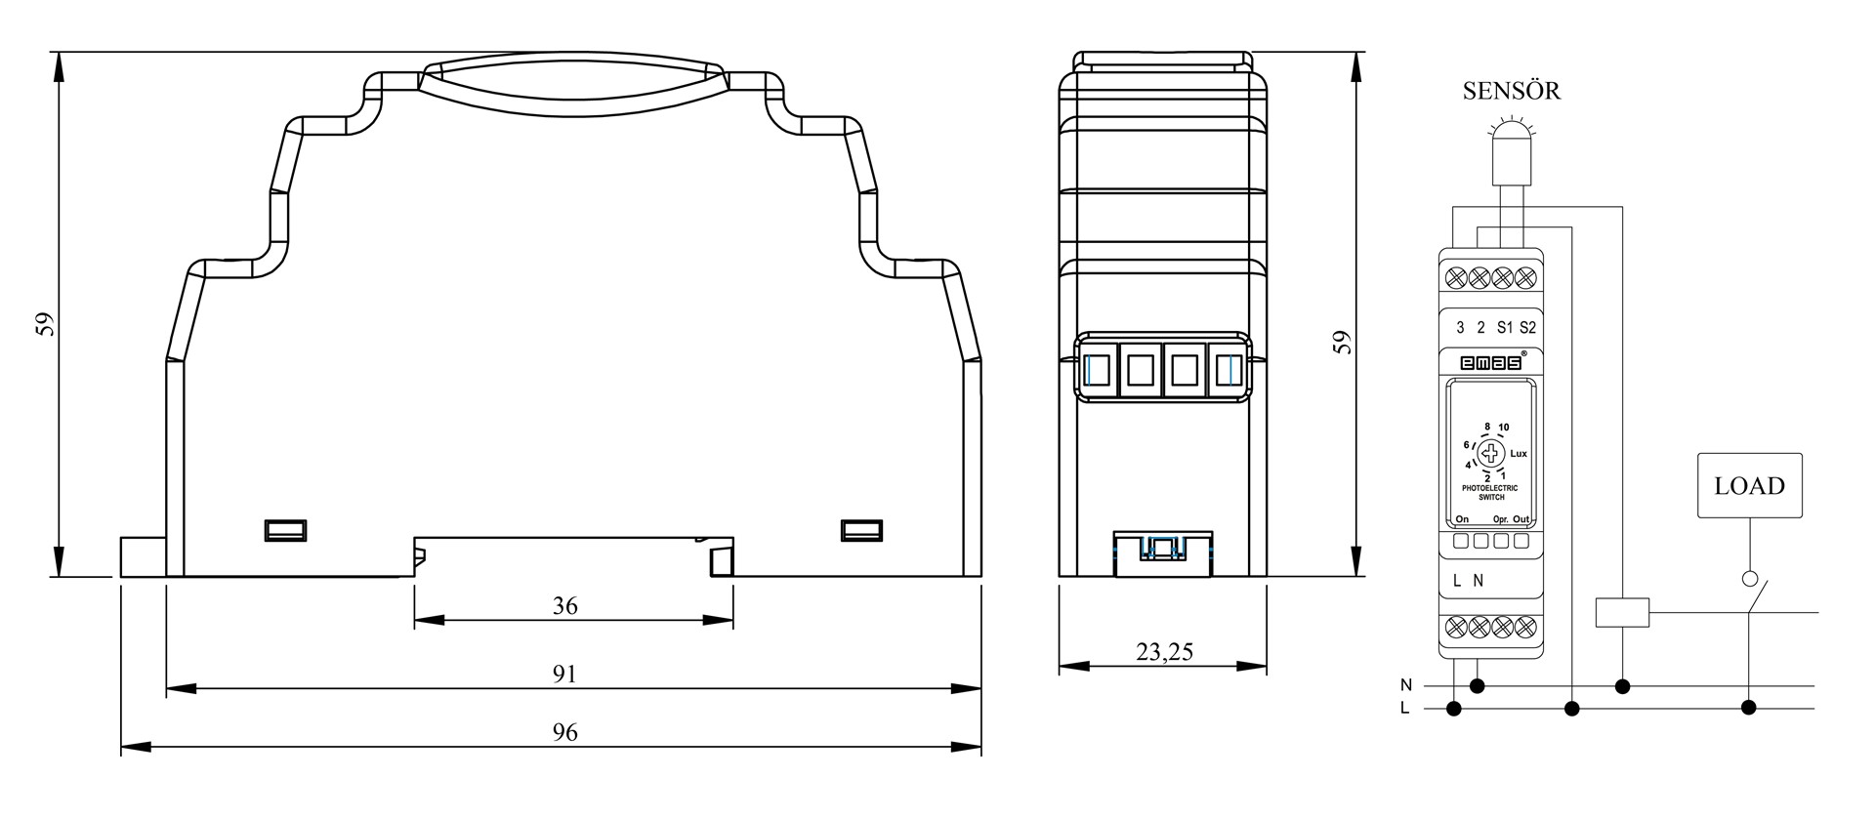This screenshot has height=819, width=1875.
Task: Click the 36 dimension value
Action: (x=564, y=606)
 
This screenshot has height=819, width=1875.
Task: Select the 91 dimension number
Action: (x=564, y=675)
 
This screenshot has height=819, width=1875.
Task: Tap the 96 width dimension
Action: (x=564, y=732)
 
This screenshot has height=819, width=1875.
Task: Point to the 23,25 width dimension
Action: (x=1164, y=652)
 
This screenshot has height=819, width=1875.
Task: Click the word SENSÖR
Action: (x=1511, y=91)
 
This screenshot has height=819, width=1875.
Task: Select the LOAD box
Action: (x=1750, y=485)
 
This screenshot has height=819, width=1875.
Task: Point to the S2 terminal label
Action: (x=1527, y=328)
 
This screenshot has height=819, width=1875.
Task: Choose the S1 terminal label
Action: (x=1504, y=328)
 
